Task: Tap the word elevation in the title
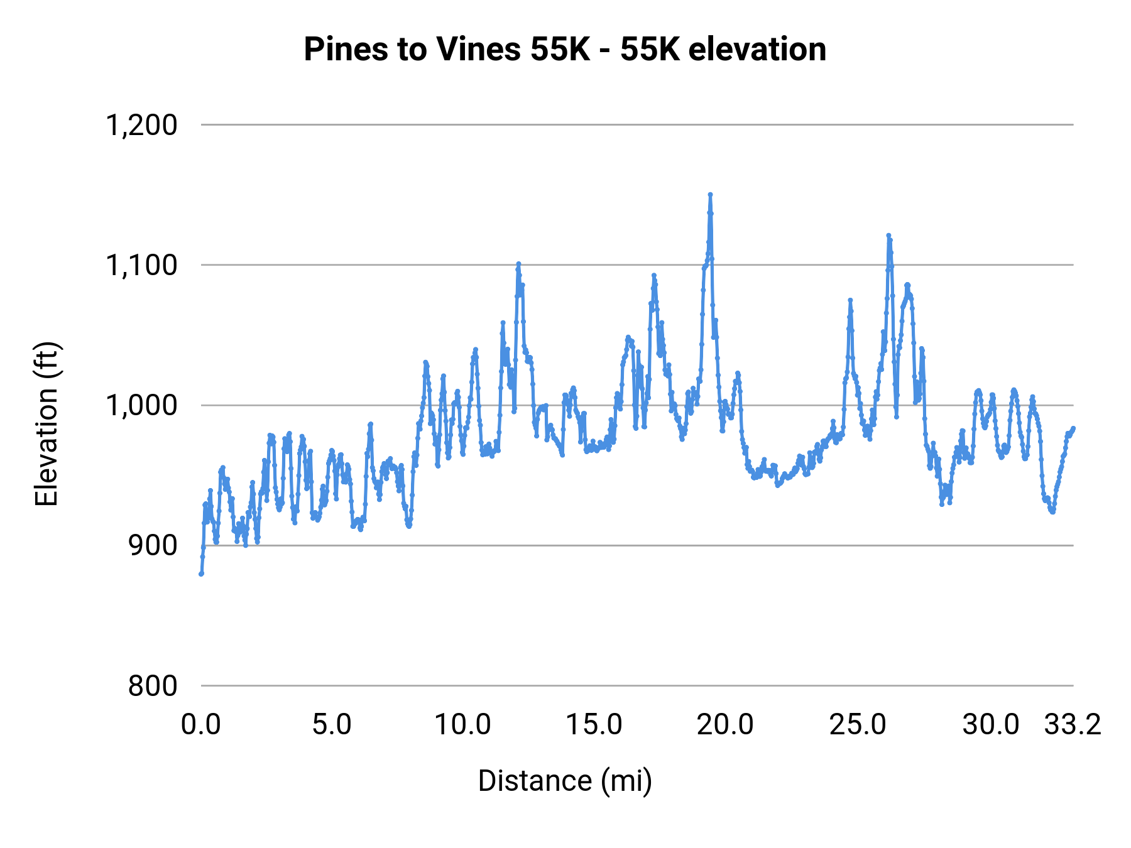click(757, 50)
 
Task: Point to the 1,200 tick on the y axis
click(141, 126)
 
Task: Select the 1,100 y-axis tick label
click(141, 266)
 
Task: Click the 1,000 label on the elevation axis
click(141, 406)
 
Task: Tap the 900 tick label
click(153, 546)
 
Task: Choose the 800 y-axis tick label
click(153, 686)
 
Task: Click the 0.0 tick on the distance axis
click(201, 725)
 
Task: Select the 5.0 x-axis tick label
click(332, 725)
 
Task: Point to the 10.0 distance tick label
click(463, 725)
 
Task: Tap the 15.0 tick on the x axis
click(594, 725)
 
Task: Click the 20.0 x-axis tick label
click(725, 725)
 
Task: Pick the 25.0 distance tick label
click(857, 725)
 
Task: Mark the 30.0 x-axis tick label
click(990, 725)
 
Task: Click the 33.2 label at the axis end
click(1073, 725)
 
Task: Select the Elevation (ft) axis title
click(46, 424)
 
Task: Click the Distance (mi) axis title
click(565, 781)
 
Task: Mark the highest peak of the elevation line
click(710, 195)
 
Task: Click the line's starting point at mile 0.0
click(201, 573)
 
